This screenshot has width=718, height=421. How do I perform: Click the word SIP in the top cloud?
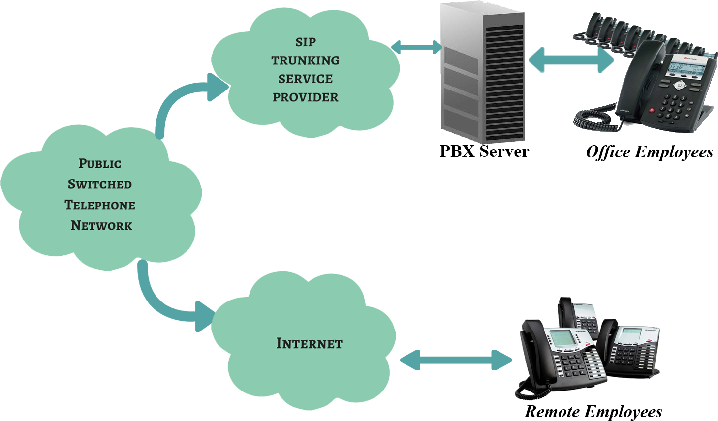coord(305,42)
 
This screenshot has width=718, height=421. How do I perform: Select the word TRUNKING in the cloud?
coord(305,60)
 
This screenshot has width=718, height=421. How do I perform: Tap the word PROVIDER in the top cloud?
coord(305,97)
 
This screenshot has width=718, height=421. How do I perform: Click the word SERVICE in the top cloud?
coord(305,79)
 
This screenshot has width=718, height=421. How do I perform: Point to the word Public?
coord(100,164)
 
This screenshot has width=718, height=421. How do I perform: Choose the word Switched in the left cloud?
coord(100,184)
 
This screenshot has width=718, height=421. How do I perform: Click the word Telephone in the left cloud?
coord(100,205)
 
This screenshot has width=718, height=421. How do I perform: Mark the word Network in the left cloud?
coord(101,226)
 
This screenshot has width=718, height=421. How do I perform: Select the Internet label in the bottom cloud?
coord(309,343)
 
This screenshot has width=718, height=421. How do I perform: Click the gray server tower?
coord(482,74)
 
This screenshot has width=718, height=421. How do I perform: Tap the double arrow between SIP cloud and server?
coord(417,47)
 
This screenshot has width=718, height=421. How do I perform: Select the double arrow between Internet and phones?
coord(456,360)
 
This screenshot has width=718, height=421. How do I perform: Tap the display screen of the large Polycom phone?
coord(684,67)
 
